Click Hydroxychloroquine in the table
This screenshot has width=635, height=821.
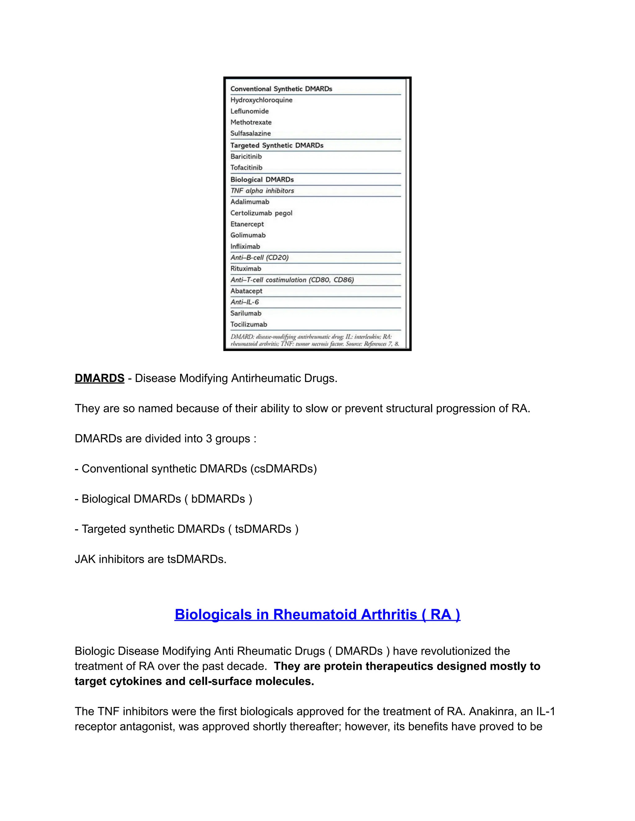coord(261,100)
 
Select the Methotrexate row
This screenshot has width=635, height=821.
coord(251,122)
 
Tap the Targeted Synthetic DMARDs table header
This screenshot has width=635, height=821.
coord(277,146)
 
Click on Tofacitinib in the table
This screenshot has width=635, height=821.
coord(246,168)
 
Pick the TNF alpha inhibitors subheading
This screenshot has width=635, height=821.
coord(262,191)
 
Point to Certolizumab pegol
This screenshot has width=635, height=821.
coord(261,213)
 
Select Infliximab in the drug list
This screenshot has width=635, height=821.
coord(245,247)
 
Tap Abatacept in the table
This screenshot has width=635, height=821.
coord(246,291)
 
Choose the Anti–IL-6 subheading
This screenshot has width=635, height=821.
coord(245,302)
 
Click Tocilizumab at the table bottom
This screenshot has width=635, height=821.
coord(249,324)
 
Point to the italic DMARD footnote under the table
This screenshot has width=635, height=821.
coord(314,340)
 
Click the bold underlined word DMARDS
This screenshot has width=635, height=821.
coord(99,378)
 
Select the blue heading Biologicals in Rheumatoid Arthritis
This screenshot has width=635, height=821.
coord(317,614)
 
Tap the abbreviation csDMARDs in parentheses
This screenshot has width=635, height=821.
coord(284,469)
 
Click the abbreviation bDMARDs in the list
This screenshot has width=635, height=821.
coord(218,499)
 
